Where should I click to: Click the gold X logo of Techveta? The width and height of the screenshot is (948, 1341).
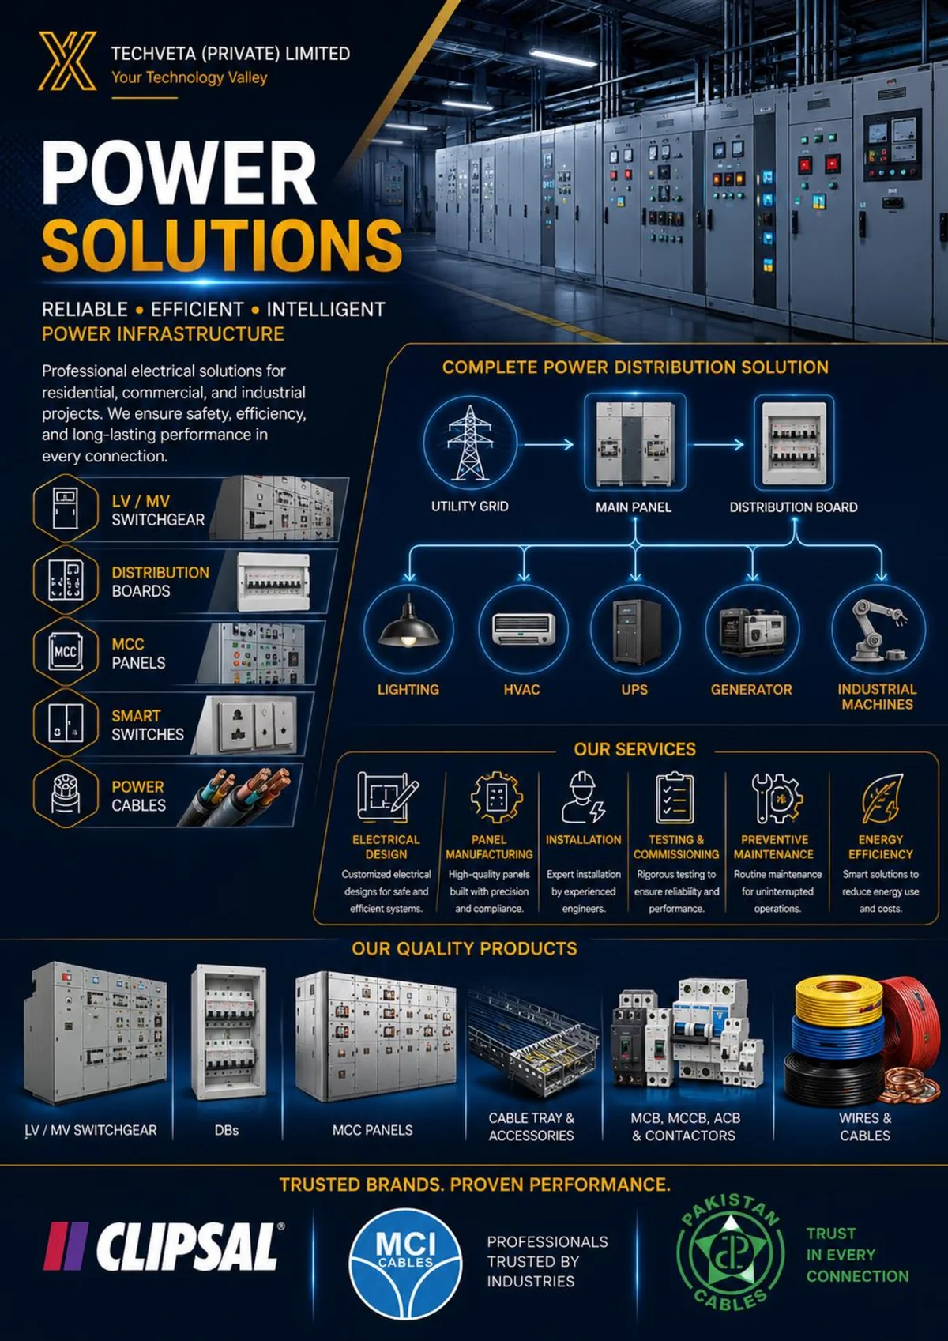(x=67, y=61)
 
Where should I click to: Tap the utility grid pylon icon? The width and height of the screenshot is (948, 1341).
(x=470, y=443)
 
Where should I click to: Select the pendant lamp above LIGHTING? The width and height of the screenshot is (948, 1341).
(x=408, y=623)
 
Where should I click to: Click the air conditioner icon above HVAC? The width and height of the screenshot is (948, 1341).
(x=522, y=629)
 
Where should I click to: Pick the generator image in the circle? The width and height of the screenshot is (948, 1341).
(x=752, y=631)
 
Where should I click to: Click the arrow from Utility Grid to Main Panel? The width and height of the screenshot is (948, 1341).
(x=548, y=444)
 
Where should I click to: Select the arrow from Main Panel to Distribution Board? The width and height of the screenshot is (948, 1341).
(x=718, y=444)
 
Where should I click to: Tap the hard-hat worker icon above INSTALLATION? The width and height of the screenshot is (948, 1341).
(x=583, y=797)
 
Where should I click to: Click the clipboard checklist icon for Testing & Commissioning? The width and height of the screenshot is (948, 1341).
(x=675, y=798)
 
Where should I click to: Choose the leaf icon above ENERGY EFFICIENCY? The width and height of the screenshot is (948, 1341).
(x=882, y=798)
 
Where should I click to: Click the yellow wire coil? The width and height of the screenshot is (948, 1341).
(x=839, y=998)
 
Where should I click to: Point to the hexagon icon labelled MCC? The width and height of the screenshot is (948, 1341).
(x=66, y=651)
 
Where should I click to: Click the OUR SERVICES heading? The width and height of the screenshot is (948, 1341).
(x=634, y=750)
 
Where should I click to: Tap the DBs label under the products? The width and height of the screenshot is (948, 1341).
(x=226, y=1130)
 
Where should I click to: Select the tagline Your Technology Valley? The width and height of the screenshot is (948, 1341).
(x=189, y=77)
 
